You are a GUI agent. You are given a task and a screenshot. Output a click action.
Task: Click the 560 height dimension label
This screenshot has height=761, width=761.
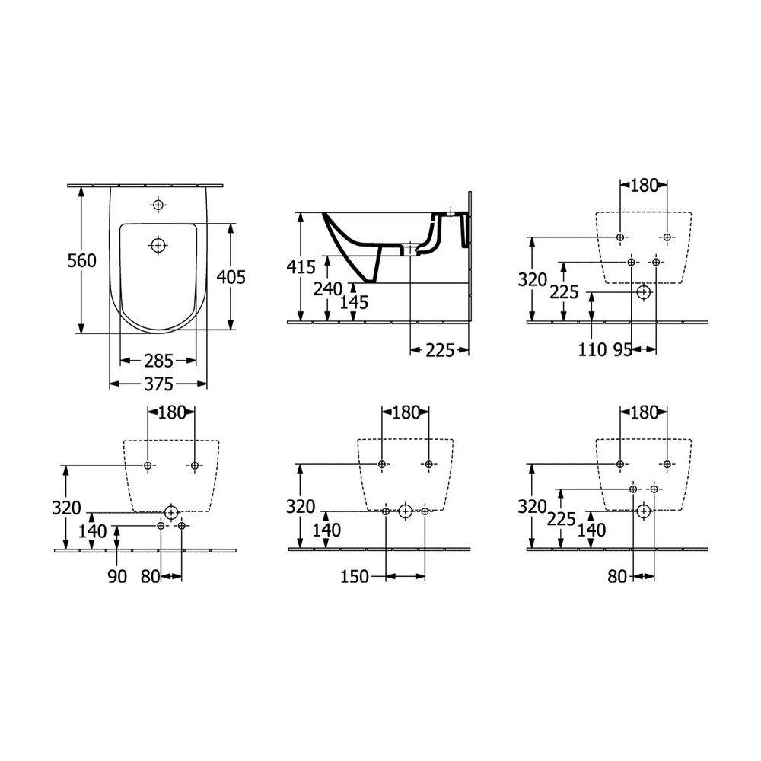(x=81, y=260)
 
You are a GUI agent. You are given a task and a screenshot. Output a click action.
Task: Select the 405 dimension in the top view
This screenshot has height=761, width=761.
(x=231, y=277)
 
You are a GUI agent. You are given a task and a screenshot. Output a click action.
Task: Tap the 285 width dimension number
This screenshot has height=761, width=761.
(x=159, y=361)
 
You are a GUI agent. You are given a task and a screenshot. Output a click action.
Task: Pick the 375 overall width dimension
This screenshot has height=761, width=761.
(x=159, y=384)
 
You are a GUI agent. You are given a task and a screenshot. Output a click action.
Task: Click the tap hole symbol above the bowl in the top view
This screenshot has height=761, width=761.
(x=158, y=205)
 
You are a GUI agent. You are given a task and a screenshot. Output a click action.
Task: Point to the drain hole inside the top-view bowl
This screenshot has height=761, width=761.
(x=158, y=246)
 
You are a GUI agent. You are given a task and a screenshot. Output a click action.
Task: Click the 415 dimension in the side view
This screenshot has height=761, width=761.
(x=301, y=267)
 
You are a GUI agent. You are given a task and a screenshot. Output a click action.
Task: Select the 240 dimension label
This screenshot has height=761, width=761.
(x=328, y=288)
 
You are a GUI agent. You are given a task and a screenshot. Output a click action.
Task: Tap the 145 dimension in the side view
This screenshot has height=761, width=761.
(x=354, y=302)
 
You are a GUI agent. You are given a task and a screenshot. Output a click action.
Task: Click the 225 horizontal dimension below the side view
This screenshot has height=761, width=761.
(x=440, y=350)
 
